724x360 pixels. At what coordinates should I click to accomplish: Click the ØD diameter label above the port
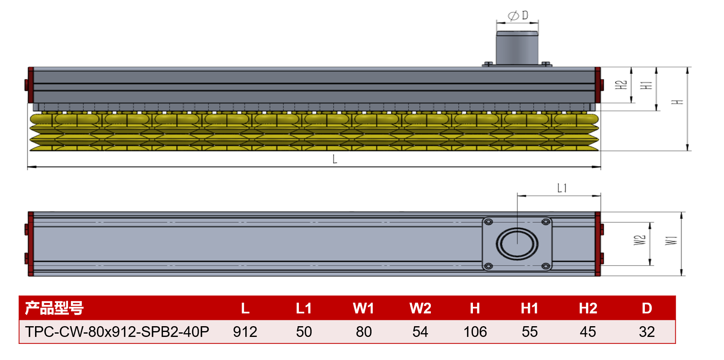pyautogui.click(x=518, y=16)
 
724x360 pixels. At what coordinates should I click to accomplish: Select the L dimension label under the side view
pyautogui.click(x=335, y=159)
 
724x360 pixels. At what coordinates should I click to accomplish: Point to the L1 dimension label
pyautogui.click(x=562, y=188)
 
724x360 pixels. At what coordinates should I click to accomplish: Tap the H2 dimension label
pyautogui.click(x=621, y=85)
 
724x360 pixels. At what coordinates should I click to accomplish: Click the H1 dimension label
pyautogui.click(x=646, y=85)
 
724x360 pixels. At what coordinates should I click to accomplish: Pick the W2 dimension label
pyautogui.click(x=639, y=240)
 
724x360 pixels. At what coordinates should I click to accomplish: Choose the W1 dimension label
pyautogui.click(x=671, y=240)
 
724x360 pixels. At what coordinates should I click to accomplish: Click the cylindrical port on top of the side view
pyautogui.click(x=517, y=48)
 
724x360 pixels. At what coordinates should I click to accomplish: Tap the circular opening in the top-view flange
pyautogui.click(x=517, y=244)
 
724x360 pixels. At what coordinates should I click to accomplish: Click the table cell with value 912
pyautogui.click(x=245, y=332)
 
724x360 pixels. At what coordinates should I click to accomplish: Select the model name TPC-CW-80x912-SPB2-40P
pyautogui.click(x=117, y=332)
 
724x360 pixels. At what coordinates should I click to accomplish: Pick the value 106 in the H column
pyautogui.click(x=475, y=332)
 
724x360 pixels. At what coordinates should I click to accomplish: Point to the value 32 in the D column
pyautogui.click(x=646, y=332)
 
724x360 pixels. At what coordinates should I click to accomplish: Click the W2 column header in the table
pyautogui.click(x=420, y=308)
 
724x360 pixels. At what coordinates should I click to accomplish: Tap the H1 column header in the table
pyautogui.click(x=529, y=308)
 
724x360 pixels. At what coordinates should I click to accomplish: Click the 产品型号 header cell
pyautogui.click(x=54, y=308)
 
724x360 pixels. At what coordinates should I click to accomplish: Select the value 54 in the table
pyautogui.click(x=420, y=332)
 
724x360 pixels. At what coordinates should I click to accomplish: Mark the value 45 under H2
pyautogui.click(x=588, y=332)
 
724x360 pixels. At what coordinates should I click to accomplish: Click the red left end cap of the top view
pyautogui.click(x=31, y=244)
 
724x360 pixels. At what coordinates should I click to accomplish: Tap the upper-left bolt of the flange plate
pyautogui.click(x=489, y=222)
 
